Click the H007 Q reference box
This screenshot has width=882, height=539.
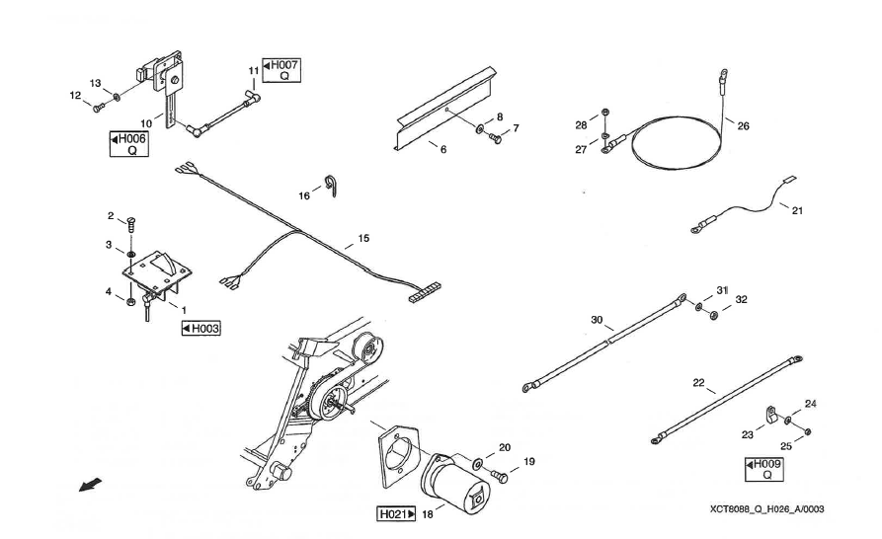(x=281, y=70)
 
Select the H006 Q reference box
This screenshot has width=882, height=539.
(x=128, y=144)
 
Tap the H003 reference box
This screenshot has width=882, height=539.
(x=200, y=328)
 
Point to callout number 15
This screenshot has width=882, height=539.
(x=363, y=239)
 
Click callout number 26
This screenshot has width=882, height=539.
(x=743, y=125)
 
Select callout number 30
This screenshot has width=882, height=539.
(x=597, y=321)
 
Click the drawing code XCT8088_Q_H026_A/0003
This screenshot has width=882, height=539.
(x=765, y=509)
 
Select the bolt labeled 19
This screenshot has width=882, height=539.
(x=498, y=478)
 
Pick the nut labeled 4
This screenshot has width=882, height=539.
(x=131, y=300)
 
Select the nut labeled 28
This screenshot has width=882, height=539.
(x=605, y=110)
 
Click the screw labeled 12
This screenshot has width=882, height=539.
(x=97, y=109)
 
